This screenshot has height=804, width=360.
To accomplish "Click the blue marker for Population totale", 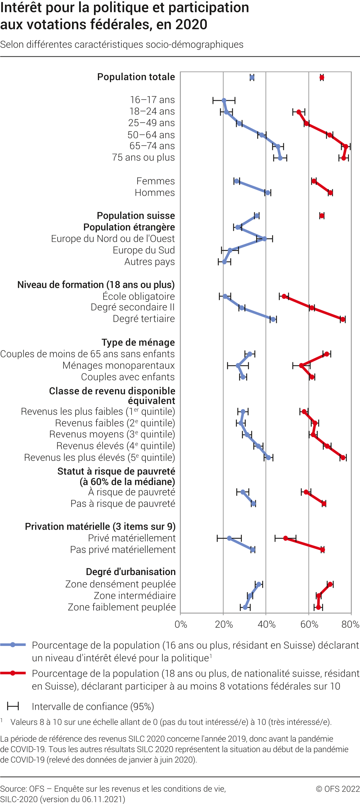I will click(252, 78).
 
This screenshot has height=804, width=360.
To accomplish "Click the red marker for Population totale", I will click(322, 78).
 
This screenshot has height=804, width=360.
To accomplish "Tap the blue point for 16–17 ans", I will click(224, 101).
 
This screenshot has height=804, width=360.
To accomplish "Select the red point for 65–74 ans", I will click(346, 146).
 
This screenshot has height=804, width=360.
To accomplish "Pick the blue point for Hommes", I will click(268, 193).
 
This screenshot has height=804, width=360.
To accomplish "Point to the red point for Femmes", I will click(314, 181).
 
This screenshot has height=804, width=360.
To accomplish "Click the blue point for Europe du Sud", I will click(230, 250).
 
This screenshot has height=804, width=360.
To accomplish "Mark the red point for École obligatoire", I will click(284, 296).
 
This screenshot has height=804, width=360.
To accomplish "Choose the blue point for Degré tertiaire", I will click(273, 319).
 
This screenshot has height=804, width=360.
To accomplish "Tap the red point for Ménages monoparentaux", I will click(301, 365).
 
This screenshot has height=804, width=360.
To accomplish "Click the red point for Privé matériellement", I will click(286, 538).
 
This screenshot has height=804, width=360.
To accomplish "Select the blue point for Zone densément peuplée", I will click(259, 584).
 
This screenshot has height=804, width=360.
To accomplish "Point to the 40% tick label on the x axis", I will click(266, 625).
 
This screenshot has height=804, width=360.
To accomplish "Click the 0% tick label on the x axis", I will click(181, 625).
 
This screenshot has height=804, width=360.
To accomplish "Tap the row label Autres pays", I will click(149, 262).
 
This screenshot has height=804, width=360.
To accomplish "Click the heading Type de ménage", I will click(138, 342).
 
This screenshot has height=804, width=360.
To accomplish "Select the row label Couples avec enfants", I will click(128, 377).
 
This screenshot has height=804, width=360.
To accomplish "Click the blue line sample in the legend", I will click(13, 645).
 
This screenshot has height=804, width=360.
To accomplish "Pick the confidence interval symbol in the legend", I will click(13, 706).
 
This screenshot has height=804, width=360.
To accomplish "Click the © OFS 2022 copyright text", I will click(338, 789).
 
